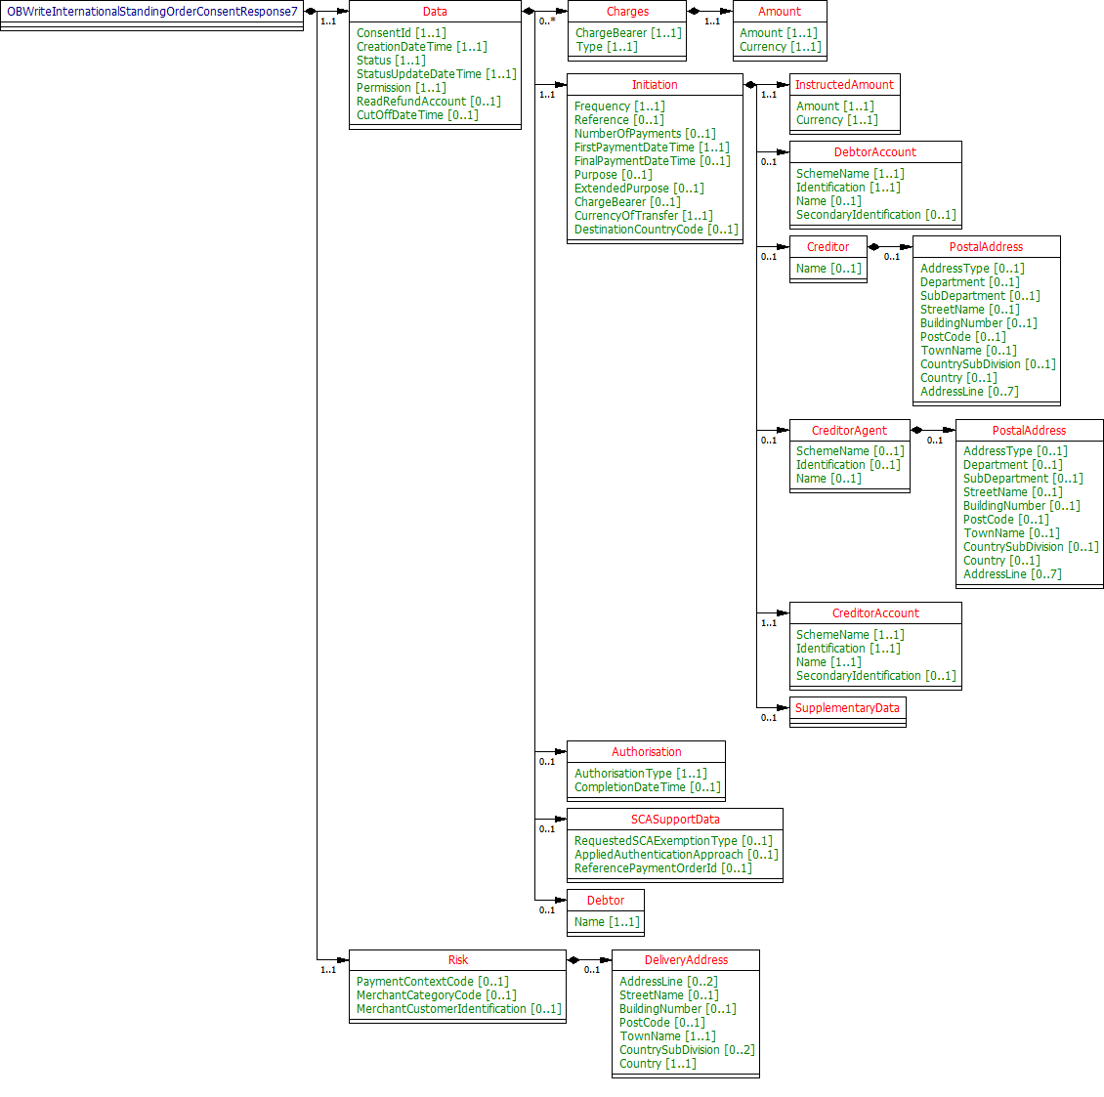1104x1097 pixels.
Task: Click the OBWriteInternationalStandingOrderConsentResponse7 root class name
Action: pyautogui.click(x=152, y=12)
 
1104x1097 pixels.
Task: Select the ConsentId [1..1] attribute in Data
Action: pyautogui.click(x=401, y=33)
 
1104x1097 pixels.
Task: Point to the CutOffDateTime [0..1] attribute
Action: pyautogui.click(x=417, y=115)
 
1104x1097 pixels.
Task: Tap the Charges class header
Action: pyautogui.click(x=627, y=12)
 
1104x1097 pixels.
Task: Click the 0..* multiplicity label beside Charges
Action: pyautogui.click(x=547, y=21)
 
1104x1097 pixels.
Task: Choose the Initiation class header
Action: pyautogui.click(x=655, y=85)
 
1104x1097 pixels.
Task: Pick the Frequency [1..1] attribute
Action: pyautogui.click(x=619, y=106)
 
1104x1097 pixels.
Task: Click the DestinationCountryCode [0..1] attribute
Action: pyautogui.click(x=656, y=230)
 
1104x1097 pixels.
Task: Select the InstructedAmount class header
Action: pyautogui.click(x=844, y=85)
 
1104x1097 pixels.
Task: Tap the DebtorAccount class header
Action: pyautogui.click(x=875, y=152)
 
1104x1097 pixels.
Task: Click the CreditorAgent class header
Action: pyautogui.click(x=849, y=431)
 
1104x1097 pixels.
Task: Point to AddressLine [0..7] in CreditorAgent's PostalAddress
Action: pyautogui.click(x=1012, y=574)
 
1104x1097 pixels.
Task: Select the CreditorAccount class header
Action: pyautogui.click(x=875, y=613)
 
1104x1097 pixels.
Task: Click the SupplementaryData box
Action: pyautogui.click(x=847, y=708)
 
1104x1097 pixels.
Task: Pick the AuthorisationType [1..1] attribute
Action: pyautogui.click(x=640, y=774)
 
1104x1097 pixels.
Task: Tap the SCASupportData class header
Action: pyautogui.click(x=675, y=820)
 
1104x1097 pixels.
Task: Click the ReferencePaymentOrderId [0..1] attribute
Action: pyautogui.click(x=662, y=868)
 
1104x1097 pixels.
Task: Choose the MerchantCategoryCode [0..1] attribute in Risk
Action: pyautogui.click(x=436, y=995)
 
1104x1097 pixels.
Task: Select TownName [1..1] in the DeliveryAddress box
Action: pyautogui.click(x=667, y=1036)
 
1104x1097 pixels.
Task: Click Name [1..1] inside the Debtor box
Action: pyautogui.click(x=607, y=922)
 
